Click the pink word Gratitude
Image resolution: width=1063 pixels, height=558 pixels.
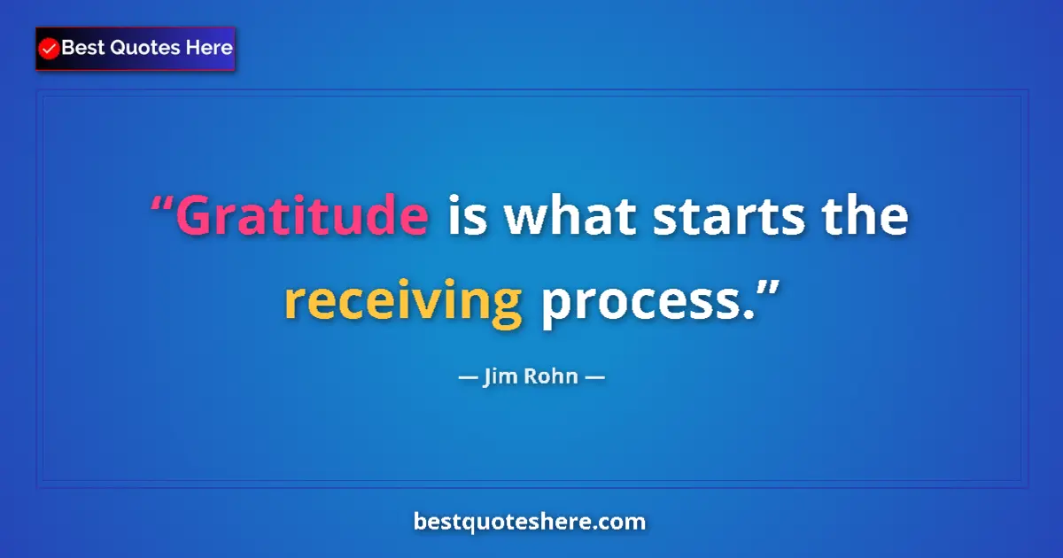(x=302, y=217)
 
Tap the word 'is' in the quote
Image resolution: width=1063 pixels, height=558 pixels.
(x=467, y=217)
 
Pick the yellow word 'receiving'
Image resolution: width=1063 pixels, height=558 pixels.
(x=403, y=305)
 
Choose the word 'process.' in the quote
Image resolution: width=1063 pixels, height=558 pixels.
(x=647, y=305)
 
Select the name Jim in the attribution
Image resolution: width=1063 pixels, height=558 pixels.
(x=498, y=377)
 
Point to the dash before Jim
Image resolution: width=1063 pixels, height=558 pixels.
(x=467, y=378)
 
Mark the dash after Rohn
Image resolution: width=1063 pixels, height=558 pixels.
(x=595, y=378)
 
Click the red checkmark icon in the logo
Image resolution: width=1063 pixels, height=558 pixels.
(x=50, y=50)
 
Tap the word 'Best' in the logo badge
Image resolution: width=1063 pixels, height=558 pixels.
(x=82, y=49)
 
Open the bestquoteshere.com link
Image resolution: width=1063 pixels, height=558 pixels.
(x=530, y=522)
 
